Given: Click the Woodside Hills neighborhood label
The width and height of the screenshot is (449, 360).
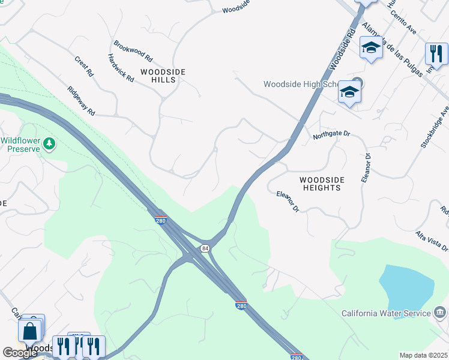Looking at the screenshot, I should (x=163, y=76).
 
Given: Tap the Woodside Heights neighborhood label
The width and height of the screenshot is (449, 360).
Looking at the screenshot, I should (x=321, y=184).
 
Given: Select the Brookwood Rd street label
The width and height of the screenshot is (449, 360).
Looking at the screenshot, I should (x=133, y=52).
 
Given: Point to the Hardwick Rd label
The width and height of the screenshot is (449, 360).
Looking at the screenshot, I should (x=121, y=67).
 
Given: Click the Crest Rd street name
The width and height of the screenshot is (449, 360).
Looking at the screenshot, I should (x=84, y=66).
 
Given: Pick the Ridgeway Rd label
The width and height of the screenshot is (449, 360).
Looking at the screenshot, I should (x=81, y=101).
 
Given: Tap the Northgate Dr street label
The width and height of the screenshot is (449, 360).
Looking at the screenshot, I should (x=331, y=136).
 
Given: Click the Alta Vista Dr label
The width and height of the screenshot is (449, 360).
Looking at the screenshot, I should (x=432, y=241).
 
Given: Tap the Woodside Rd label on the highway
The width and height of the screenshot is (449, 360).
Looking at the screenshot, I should (x=343, y=45).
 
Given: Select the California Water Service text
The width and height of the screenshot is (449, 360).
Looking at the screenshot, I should (x=386, y=313).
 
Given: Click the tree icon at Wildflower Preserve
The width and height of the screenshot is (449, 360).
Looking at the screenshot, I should (x=49, y=143).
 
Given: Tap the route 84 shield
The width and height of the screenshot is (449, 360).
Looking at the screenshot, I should (x=205, y=248).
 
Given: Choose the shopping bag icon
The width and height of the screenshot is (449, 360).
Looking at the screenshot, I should (x=29, y=331).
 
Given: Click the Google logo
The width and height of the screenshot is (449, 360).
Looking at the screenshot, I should (x=20, y=352).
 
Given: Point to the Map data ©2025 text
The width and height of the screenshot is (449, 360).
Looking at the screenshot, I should (x=423, y=355).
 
